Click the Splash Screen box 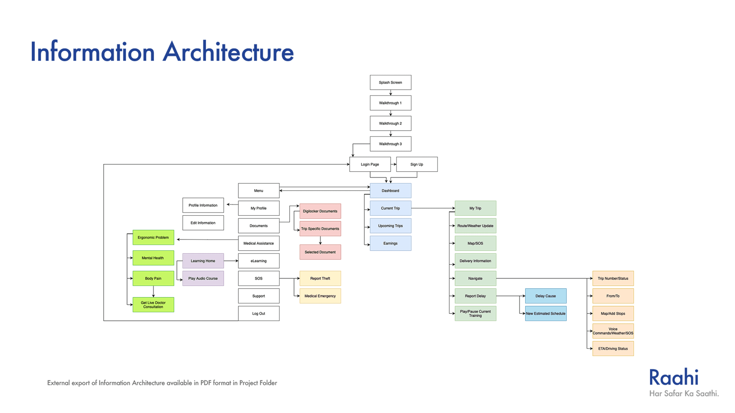click(390, 82)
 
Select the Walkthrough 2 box click(390, 123)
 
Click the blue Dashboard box click(390, 191)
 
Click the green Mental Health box click(153, 258)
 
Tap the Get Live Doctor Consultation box click(153, 305)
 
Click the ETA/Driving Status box click(613, 349)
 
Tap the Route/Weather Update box click(475, 226)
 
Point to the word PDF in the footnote click(206, 383)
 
